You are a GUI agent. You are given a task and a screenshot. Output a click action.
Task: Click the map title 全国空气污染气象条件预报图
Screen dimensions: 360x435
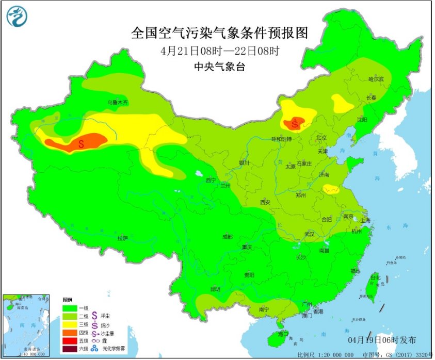pos(219,34)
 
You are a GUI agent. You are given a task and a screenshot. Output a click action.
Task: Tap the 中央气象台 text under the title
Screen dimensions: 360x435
pos(219,66)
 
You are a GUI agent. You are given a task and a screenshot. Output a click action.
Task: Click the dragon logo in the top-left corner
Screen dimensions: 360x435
pos(17,16)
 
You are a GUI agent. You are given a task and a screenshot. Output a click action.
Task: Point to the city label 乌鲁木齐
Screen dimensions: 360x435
pos(117,103)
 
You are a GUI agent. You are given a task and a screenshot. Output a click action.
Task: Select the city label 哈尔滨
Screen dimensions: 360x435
pos(376,79)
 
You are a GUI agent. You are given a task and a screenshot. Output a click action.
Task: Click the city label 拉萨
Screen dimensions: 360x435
pos(122,238)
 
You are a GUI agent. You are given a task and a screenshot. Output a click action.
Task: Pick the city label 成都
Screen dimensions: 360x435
pos(227,236)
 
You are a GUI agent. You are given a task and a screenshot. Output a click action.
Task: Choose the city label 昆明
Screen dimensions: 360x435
pos(215,289)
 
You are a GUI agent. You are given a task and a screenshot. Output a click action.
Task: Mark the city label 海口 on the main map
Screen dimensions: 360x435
pos(282,334)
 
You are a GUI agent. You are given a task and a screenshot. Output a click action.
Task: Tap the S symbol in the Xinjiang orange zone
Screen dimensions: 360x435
pos(81,144)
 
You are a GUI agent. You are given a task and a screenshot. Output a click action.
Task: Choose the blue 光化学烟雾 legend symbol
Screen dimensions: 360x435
pos(95,350)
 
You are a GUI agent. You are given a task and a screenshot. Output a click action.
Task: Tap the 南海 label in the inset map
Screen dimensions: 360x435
pos(19,325)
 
